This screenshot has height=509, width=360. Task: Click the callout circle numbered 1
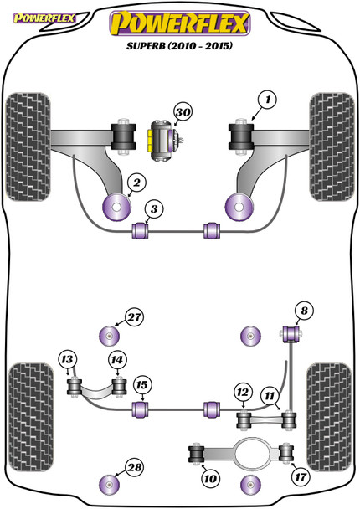pyautogui.click(x=267, y=100)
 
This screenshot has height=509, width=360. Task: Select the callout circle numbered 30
pyautogui.click(x=183, y=112)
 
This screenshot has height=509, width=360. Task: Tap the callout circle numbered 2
pyautogui.click(x=137, y=183)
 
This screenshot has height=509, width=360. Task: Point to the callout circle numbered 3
pyautogui.click(x=154, y=209)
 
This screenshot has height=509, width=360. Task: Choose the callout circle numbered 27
pyautogui.click(x=135, y=316)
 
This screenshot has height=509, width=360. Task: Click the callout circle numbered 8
pyautogui.click(x=304, y=311)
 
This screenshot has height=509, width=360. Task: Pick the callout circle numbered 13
pyautogui.click(x=67, y=359)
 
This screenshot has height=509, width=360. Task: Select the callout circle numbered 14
pyautogui.click(x=117, y=360)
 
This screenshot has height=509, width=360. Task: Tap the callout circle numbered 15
pyautogui.click(x=141, y=385)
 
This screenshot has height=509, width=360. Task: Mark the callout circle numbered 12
pyautogui.click(x=243, y=393)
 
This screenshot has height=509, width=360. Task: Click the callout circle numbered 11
pyautogui.click(x=270, y=396)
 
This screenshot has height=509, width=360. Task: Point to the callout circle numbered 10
pyautogui.click(x=210, y=479)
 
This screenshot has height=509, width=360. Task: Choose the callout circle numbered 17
pyautogui.click(x=301, y=477)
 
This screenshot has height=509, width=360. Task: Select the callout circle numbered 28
pyautogui.click(x=135, y=467)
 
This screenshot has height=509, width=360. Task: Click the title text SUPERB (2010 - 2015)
pyautogui.click(x=179, y=45)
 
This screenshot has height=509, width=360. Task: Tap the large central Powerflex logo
pyautogui.click(x=180, y=23)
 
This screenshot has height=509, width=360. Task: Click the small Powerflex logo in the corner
pyautogui.click(x=44, y=18)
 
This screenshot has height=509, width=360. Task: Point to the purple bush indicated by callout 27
pyautogui.click(x=109, y=336)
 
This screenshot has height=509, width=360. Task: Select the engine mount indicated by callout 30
pyautogui.click(x=165, y=140)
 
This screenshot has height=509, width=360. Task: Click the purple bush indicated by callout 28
pyautogui.click(x=109, y=485)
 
